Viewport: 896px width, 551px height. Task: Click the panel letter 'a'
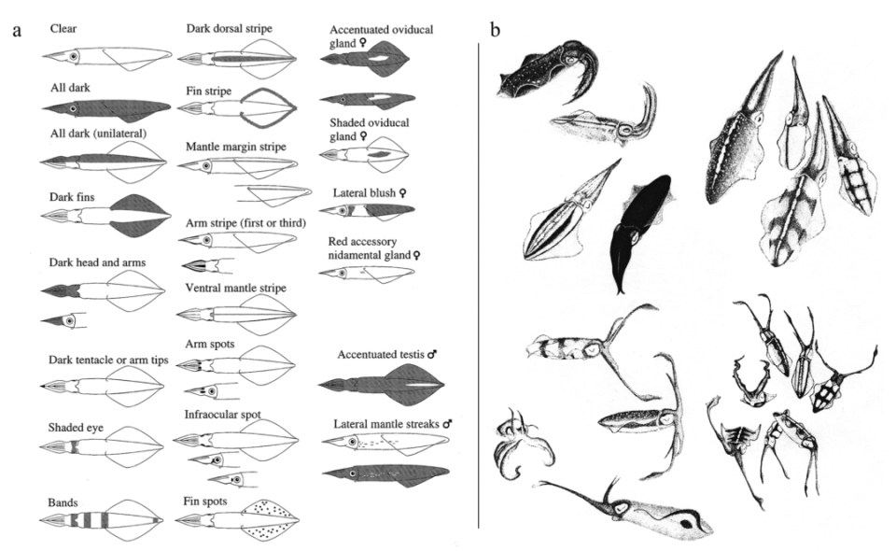coord(17,30)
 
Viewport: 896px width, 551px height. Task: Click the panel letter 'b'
coord(495,29)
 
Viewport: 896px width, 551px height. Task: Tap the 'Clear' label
coord(63,28)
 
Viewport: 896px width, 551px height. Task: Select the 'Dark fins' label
coord(72,197)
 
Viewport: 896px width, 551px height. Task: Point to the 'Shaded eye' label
coord(76,428)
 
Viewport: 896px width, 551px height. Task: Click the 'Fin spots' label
coord(205,502)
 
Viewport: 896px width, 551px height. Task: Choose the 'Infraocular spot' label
coord(222,414)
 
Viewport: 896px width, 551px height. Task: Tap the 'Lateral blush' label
coord(364,192)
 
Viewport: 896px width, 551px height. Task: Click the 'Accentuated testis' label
coord(381,354)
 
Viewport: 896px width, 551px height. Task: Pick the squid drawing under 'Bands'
coord(102,521)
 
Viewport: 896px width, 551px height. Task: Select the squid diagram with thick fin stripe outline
coord(237,106)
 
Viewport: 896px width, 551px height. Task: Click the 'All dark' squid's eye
coord(73,108)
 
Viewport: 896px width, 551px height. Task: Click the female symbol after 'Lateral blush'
coord(403,193)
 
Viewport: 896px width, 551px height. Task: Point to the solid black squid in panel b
coord(640,232)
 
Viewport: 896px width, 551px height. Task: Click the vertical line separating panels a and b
coord(479,285)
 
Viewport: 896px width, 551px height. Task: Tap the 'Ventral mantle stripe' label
coord(235,288)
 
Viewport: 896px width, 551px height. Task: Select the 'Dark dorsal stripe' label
coord(230,28)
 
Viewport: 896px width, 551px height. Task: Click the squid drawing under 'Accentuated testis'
coord(381,384)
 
